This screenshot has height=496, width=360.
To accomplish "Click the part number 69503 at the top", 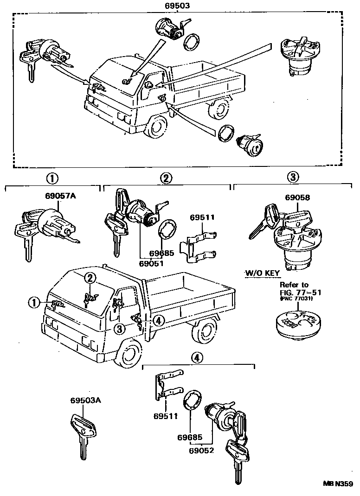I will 177,6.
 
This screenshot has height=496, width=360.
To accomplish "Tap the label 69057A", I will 60,197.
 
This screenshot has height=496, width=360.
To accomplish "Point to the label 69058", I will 297,197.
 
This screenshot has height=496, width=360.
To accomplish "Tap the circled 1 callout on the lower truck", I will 33,302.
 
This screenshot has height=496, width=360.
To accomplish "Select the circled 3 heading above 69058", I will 292,177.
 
